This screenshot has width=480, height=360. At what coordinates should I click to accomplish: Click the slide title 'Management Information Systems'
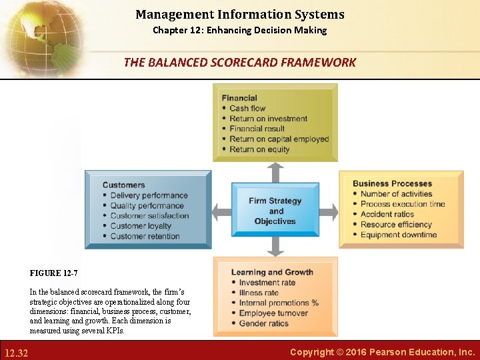tap(240, 14)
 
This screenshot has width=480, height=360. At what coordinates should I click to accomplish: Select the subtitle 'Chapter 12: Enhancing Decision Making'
tap(240, 30)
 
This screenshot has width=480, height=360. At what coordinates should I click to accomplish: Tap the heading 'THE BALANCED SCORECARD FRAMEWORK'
tap(240, 63)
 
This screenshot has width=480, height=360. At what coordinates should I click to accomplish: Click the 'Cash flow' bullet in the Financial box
tap(247, 108)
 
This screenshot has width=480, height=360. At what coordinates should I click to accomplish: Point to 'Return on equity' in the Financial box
tap(259, 149)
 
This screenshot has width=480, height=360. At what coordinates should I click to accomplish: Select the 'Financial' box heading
tap(239, 98)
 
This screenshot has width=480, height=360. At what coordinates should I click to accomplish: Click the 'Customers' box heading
tap(123, 185)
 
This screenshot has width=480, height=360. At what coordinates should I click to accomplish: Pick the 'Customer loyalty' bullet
tap(141, 226)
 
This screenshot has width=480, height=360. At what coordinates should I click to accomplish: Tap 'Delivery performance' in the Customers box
tap(149, 195)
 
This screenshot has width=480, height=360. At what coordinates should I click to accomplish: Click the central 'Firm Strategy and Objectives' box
tap(275, 211)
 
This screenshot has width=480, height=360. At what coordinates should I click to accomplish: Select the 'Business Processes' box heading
tap(392, 183)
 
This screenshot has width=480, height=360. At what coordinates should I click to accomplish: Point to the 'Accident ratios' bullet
tap(387, 214)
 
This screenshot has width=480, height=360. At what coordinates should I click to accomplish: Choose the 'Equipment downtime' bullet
tap(399, 235)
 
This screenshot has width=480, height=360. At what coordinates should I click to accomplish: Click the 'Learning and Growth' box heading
tap(272, 272)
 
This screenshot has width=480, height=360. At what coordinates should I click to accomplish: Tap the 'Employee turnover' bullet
tap(273, 313)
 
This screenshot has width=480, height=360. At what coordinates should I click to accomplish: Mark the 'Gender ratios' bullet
tap(264, 323)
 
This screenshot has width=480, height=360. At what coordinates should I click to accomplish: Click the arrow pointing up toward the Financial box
tap(275, 171)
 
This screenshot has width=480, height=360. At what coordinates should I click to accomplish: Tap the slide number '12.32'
tap(15, 352)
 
